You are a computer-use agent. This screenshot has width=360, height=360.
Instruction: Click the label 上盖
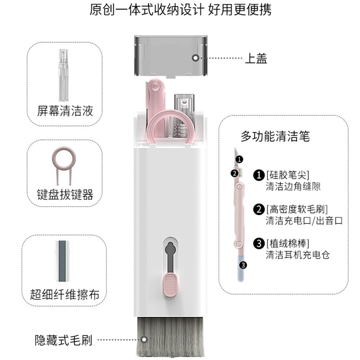[256, 58]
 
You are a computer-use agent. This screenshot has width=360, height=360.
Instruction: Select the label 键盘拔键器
[65, 194]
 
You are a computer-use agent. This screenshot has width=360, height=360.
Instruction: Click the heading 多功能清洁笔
[275, 136]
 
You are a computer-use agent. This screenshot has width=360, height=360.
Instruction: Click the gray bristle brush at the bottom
[170, 338]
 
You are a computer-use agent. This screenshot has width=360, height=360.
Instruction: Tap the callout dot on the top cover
[195, 58]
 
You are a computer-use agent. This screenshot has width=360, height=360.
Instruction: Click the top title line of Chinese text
[180, 10]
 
